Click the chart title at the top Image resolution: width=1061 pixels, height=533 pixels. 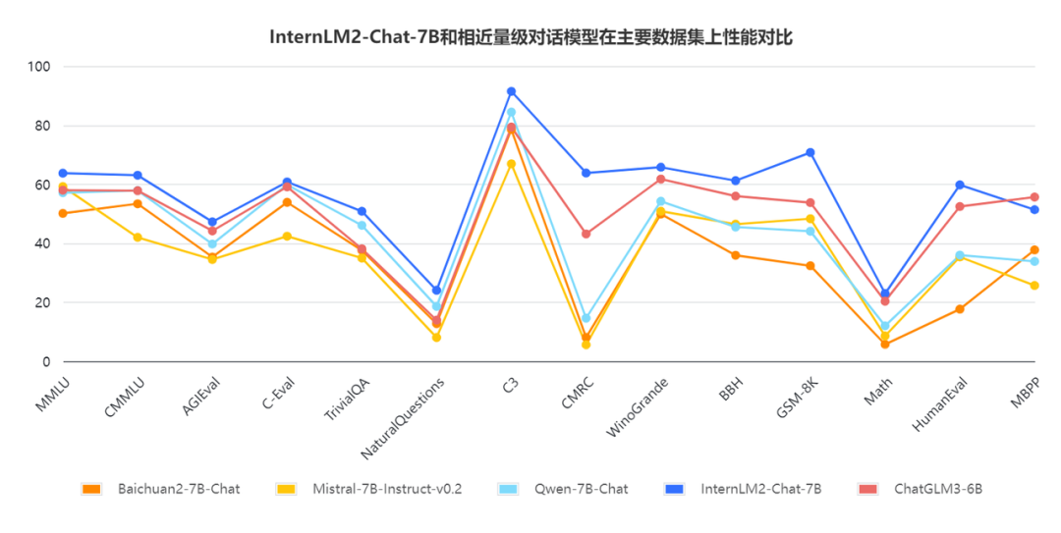530,38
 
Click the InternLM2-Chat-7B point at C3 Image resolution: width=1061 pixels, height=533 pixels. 511,91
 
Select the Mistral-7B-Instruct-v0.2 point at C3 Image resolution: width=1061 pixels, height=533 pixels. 511,164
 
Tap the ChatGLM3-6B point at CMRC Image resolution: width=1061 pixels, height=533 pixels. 586,234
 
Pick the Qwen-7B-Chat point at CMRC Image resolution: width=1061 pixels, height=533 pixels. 586,318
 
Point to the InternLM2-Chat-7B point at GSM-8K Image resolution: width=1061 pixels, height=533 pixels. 810,152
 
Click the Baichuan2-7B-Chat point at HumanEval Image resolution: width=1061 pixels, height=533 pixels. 960,309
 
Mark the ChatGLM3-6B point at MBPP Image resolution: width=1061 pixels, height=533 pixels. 1034,197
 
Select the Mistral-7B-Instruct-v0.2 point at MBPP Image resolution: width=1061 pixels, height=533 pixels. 1034,286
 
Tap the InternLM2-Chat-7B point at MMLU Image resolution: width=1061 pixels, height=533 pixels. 63,173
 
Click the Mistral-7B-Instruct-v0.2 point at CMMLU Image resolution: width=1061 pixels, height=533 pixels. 138,237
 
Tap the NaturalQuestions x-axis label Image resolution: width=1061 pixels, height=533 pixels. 405,416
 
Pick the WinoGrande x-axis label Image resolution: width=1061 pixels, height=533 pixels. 639,407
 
